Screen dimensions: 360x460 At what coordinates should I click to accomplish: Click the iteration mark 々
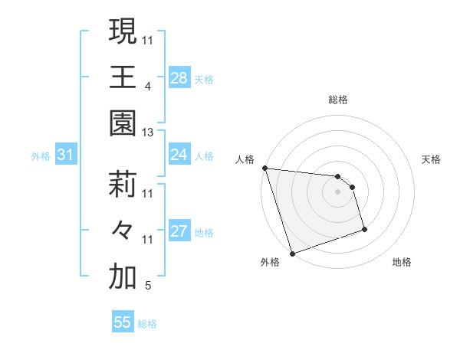[x=123, y=231]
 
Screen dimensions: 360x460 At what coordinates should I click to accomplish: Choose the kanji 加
[x=123, y=277]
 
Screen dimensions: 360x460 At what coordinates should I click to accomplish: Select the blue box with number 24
[x=179, y=155]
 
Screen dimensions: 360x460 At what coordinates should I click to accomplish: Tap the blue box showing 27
[x=179, y=231]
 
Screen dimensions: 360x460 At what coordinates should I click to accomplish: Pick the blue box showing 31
[x=66, y=155]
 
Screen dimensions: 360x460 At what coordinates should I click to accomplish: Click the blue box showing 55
[x=123, y=322]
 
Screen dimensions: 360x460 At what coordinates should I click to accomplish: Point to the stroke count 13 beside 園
[x=148, y=133]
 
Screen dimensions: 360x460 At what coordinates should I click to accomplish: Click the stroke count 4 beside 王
[x=148, y=87]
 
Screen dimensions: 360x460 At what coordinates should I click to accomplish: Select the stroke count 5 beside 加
[x=148, y=286]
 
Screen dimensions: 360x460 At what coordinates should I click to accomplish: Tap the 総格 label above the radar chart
[x=338, y=100]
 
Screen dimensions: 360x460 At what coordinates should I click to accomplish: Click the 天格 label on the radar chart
[x=432, y=159]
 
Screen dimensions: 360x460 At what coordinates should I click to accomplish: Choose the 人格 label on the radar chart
[x=245, y=159]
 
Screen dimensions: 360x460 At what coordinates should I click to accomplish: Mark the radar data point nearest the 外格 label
[x=292, y=253]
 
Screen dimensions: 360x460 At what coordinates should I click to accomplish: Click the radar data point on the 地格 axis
[x=364, y=229]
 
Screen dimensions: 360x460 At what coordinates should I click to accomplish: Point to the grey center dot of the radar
[x=338, y=191]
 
